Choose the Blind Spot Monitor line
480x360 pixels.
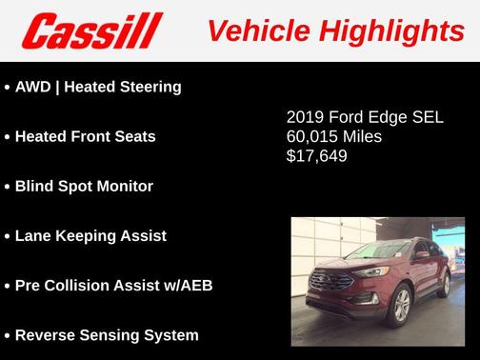(84, 186)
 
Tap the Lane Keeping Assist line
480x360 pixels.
(90, 235)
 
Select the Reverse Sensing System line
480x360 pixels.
(107, 334)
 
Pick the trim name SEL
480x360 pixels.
(427, 118)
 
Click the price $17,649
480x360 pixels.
(316, 154)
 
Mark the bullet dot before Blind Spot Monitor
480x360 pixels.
(8, 187)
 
